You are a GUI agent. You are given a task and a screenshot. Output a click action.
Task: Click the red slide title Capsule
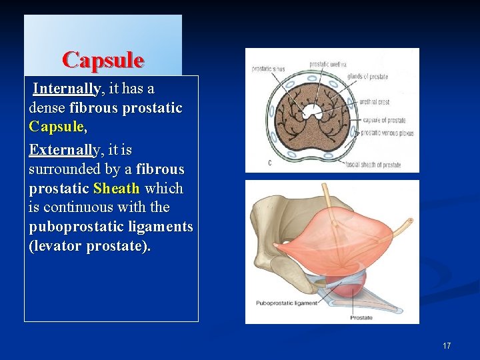103,61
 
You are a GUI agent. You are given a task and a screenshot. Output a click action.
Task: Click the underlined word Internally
67,89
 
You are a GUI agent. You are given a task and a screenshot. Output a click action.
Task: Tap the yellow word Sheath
116,189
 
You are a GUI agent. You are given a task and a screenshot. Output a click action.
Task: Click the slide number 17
447,345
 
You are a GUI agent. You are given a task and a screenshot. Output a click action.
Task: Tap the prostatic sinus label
269,68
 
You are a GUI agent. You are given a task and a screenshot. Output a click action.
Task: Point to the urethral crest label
374,102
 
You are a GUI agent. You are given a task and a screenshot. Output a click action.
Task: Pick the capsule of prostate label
384,121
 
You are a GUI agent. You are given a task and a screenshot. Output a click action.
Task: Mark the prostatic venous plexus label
388,133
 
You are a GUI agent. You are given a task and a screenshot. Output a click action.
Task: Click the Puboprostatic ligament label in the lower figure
287,303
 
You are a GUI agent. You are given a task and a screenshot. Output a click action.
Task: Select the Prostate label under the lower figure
361,317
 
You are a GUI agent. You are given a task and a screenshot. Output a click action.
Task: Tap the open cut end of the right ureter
411,220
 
